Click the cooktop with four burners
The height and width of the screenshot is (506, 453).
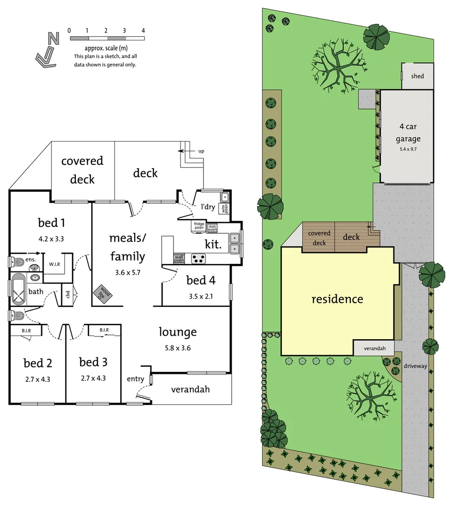(x=199, y=258)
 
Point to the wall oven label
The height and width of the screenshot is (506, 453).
(x=179, y=258)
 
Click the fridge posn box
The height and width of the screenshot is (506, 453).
(x=199, y=227)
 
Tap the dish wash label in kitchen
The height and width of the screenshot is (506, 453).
(x=212, y=228)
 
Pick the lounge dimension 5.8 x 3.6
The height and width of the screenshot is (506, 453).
(x=177, y=348)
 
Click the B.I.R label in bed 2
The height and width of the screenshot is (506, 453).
(x=26, y=331)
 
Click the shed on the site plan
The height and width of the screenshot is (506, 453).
(x=417, y=76)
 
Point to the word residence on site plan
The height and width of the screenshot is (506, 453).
(x=337, y=299)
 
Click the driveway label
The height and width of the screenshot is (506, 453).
(x=415, y=366)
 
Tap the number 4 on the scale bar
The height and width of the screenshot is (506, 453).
(x=143, y=30)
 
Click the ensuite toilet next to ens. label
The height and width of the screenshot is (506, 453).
(x=16, y=261)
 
